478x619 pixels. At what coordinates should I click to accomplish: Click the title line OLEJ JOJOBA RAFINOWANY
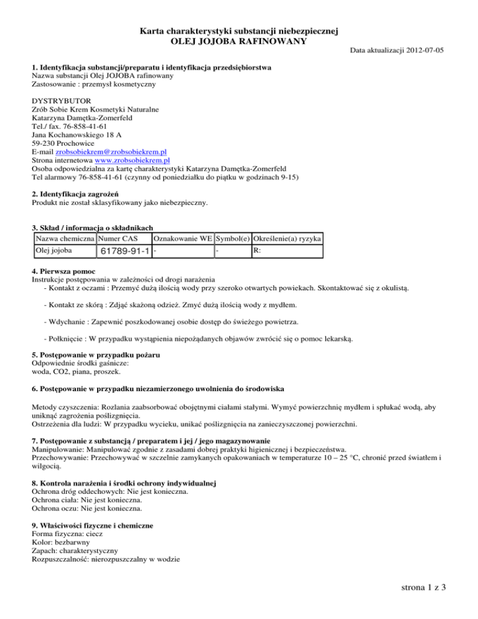(238, 41)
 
